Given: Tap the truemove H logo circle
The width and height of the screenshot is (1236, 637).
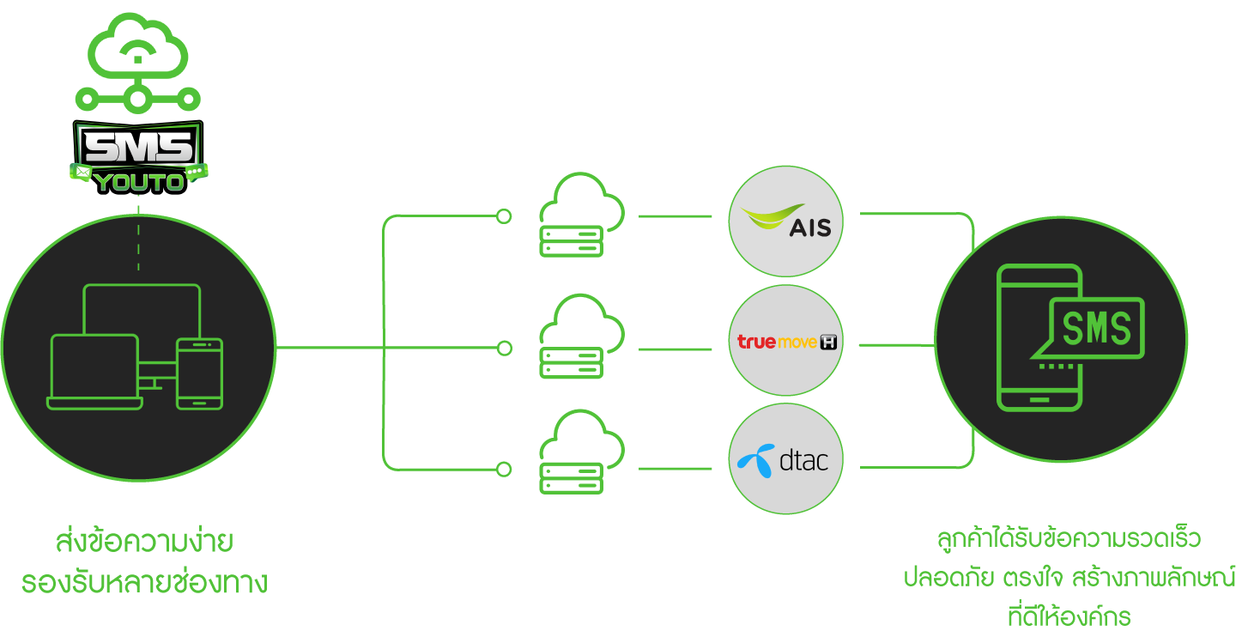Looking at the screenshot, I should click(785, 342).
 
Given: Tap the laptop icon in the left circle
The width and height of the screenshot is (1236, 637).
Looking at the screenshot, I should click(94, 372).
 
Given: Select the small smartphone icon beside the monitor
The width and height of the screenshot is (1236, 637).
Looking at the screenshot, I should click(199, 373).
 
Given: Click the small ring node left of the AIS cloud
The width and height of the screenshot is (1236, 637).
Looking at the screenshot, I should click(504, 216).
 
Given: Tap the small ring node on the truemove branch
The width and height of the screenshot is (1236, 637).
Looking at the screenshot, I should click(504, 349).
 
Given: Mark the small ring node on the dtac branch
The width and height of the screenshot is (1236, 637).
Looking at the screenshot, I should click(504, 470).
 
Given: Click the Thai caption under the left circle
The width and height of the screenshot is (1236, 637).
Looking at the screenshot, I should click(144, 562).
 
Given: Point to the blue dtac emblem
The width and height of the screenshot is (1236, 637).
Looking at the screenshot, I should click(755, 461).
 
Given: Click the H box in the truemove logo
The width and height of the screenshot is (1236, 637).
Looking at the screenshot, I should click(827, 343).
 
